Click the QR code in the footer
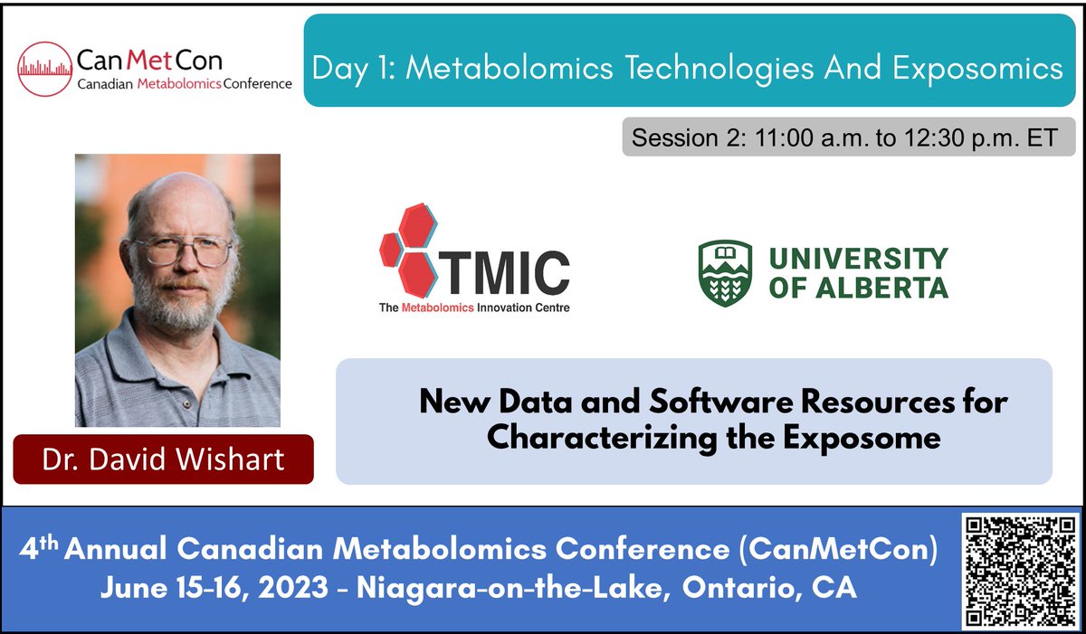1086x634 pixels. (x=1020, y=571)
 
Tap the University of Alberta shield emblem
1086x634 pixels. (x=725, y=272)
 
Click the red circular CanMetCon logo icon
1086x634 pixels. (x=45, y=69)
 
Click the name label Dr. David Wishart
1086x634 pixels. (x=163, y=459)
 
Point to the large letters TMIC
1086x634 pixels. (x=510, y=272)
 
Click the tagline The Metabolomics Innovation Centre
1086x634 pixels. (x=474, y=308)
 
